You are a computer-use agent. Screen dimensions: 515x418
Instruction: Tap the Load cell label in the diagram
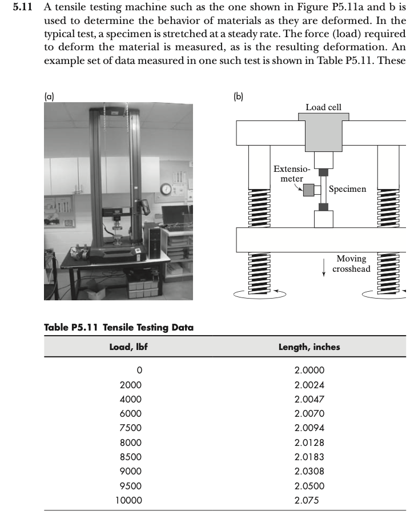click(x=323, y=107)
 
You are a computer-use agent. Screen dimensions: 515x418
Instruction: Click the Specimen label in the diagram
click(x=347, y=189)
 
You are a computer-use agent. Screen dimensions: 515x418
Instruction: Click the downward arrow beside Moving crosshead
click(x=324, y=265)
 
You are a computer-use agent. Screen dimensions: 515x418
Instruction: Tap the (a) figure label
click(x=49, y=97)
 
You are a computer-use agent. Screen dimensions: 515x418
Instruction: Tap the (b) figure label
click(x=238, y=97)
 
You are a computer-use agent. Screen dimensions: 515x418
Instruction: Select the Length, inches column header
click(x=309, y=347)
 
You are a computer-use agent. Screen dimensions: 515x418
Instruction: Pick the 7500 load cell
click(x=130, y=428)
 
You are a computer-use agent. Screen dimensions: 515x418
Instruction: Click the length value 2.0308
click(x=309, y=471)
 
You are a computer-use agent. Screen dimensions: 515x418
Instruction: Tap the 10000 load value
click(x=128, y=500)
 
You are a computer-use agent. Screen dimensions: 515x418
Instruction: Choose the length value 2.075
click(x=307, y=500)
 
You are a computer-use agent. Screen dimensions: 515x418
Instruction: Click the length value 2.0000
click(x=309, y=370)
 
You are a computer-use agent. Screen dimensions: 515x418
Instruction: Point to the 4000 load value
click(x=130, y=399)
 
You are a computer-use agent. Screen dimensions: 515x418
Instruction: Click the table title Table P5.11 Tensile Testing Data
click(x=119, y=327)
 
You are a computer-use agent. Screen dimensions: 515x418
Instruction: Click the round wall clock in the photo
click(x=166, y=188)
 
